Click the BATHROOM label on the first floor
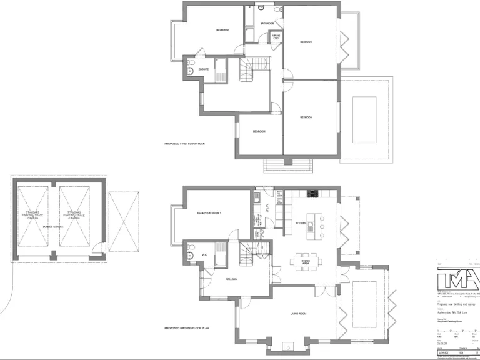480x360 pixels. tap(267, 24)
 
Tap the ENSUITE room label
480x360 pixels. tap(204, 69)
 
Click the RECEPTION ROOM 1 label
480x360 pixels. tap(209, 213)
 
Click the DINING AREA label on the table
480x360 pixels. tap(306, 263)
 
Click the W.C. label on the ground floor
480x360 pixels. tap(204, 255)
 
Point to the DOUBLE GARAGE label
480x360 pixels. tap(52, 227)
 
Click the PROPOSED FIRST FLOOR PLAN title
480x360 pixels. tap(185, 144)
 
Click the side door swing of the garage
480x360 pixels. tap(97, 254)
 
